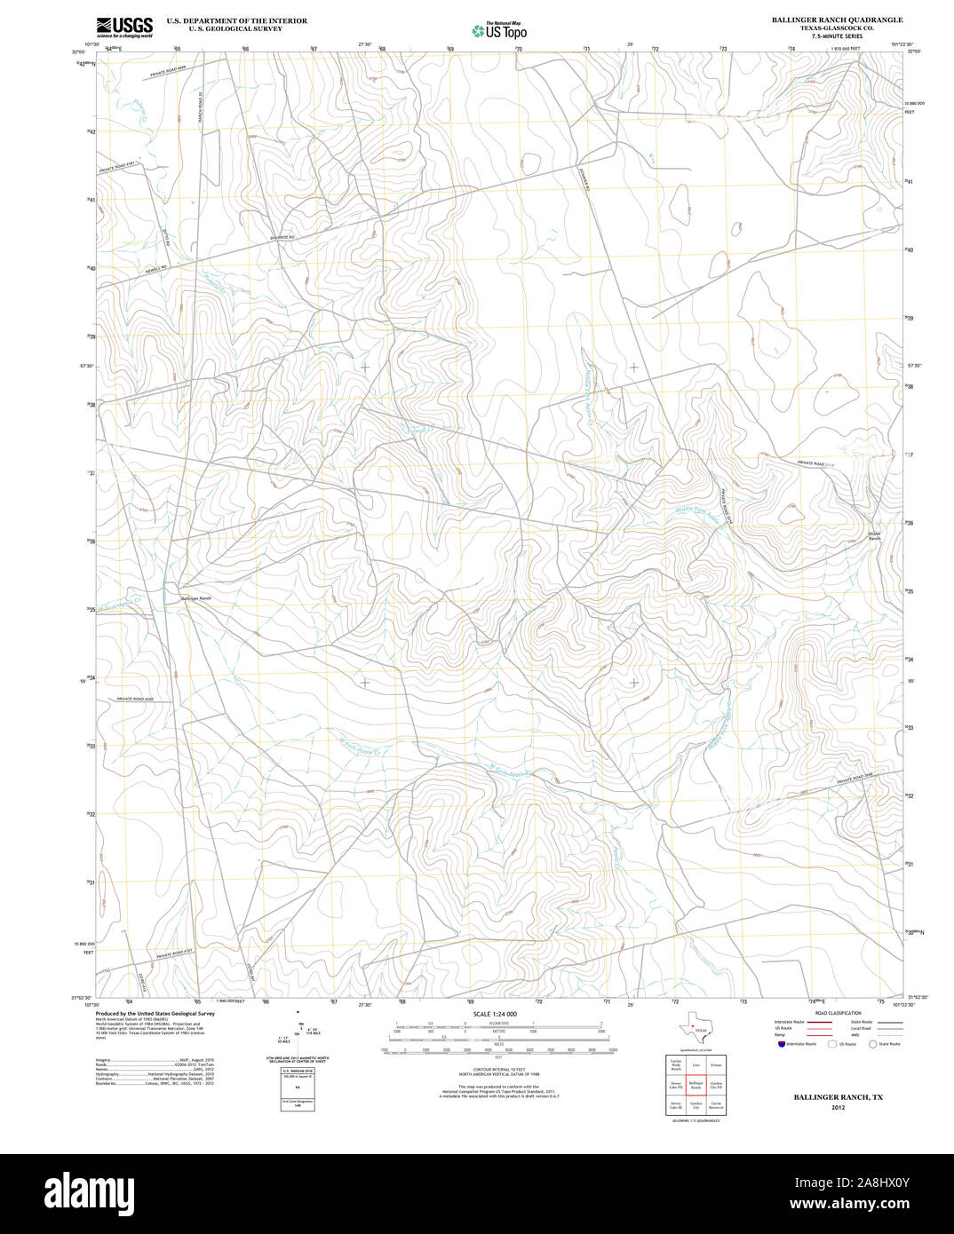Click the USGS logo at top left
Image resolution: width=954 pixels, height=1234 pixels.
pyautogui.click(x=124, y=26)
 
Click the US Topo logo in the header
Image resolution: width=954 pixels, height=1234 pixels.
pyautogui.click(x=499, y=30)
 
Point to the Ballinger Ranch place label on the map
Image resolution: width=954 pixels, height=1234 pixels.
pyautogui.click(x=196, y=599)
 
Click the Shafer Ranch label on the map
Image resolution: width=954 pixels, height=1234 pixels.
pyautogui.click(x=874, y=536)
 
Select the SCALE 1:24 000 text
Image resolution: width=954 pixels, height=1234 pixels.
pyautogui.click(x=495, y=1014)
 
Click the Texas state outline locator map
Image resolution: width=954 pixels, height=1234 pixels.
pyautogui.click(x=693, y=1030)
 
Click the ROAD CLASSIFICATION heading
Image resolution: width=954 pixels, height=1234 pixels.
pyautogui.click(x=837, y=1013)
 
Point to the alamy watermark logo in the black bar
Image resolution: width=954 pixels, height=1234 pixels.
pyautogui.click(x=99, y=1194)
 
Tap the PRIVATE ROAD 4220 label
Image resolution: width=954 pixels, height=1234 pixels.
pyautogui.click(x=136, y=700)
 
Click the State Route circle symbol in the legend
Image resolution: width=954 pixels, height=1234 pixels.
pyautogui.click(x=873, y=1045)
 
